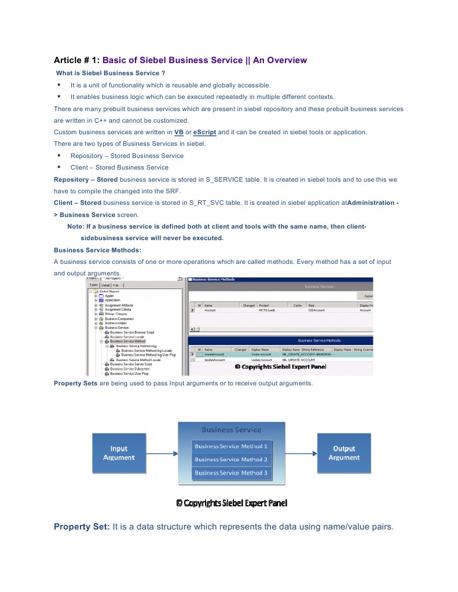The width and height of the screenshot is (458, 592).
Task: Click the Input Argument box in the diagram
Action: pyautogui.click(x=119, y=453)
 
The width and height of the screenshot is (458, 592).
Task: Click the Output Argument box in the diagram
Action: pyautogui.click(x=344, y=453)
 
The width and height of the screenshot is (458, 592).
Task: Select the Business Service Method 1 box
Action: pyautogui.click(x=231, y=446)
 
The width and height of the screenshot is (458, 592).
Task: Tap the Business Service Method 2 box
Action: pyautogui.click(x=231, y=459)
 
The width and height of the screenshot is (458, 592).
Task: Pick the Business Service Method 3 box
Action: pyautogui.click(x=231, y=473)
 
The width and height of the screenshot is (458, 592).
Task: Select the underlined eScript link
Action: pyautogui.click(x=204, y=132)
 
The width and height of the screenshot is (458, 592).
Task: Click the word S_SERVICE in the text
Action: pyautogui.click(x=225, y=179)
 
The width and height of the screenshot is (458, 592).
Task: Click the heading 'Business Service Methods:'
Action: pyautogui.click(x=97, y=250)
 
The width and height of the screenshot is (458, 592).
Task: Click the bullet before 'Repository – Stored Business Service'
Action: pyautogui.click(x=59, y=156)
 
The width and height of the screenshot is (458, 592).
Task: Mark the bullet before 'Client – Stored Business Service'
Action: pyautogui.click(x=59, y=167)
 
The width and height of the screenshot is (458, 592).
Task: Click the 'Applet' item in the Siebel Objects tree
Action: pyautogui.click(x=109, y=296)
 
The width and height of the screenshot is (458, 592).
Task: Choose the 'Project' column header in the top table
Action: pyautogui.click(x=264, y=305)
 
